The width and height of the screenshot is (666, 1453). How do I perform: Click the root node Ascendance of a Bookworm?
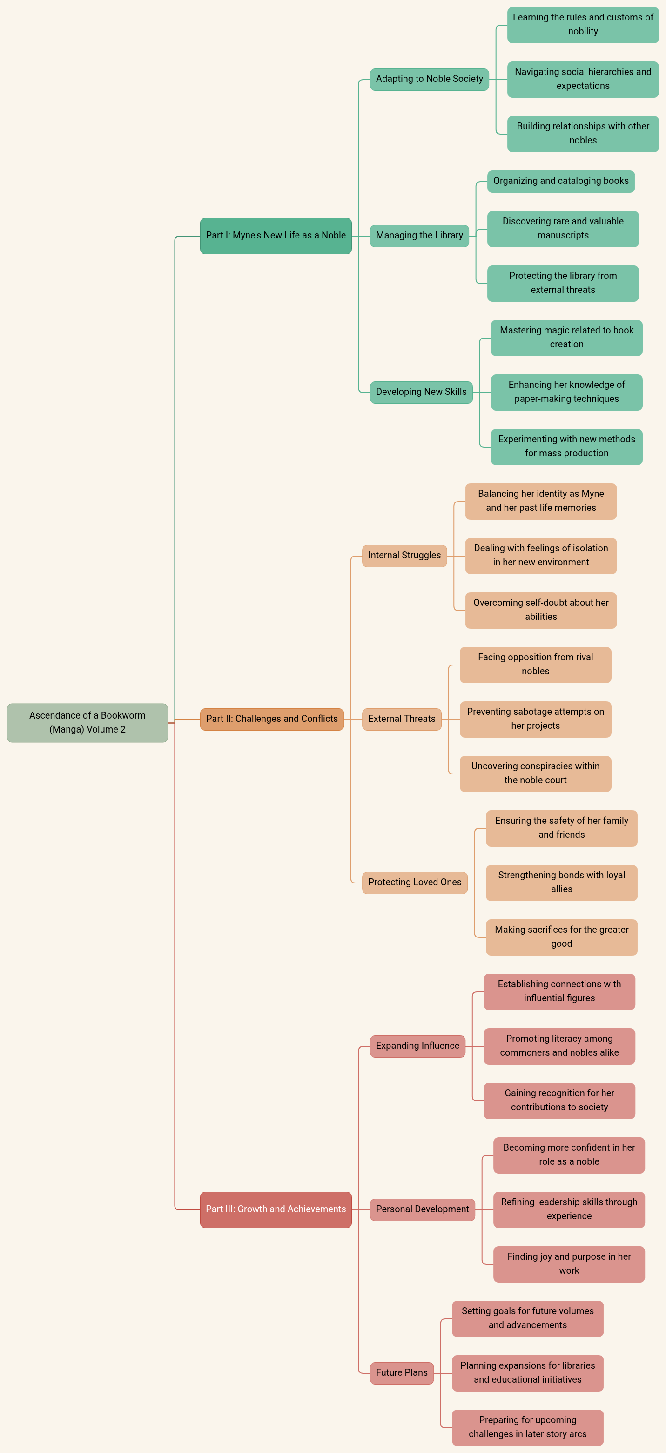(x=87, y=723)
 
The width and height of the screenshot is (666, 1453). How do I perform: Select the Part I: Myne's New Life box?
(x=276, y=236)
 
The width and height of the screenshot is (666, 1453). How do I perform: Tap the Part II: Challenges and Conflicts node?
(x=272, y=719)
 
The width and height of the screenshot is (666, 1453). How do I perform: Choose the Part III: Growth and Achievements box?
(x=276, y=1209)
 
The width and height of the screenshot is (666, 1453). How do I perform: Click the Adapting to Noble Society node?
(x=429, y=79)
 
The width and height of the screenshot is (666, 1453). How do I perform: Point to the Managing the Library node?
(x=419, y=236)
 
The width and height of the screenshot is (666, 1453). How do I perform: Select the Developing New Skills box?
(x=421, y=392)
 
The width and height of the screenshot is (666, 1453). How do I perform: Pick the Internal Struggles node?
(x=404, y=556)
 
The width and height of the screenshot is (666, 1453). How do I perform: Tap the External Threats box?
(x=402, y=719)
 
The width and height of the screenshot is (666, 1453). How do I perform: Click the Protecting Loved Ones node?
(x=415, y=882)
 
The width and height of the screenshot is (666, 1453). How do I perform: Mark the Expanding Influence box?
(x=417, y=1046)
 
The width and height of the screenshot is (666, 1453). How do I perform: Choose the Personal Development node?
(x=423, y=1209)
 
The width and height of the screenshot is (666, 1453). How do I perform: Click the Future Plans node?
(x=402, y=1373)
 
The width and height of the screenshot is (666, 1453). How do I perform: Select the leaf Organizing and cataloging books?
(x=560, y=181)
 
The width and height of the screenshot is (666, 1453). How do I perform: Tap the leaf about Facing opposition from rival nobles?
(x=535, y=665)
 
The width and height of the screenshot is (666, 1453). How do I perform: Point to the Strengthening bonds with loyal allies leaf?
(x=561, y=882)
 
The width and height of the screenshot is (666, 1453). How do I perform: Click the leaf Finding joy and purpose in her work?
(x=569, y=1264)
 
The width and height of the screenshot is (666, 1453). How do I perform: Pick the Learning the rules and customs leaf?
(x=583, y=25)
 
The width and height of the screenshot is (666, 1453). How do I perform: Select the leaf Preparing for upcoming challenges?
(x=527, y=1427)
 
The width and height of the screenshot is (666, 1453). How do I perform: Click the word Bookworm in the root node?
(x=123, y=716)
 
